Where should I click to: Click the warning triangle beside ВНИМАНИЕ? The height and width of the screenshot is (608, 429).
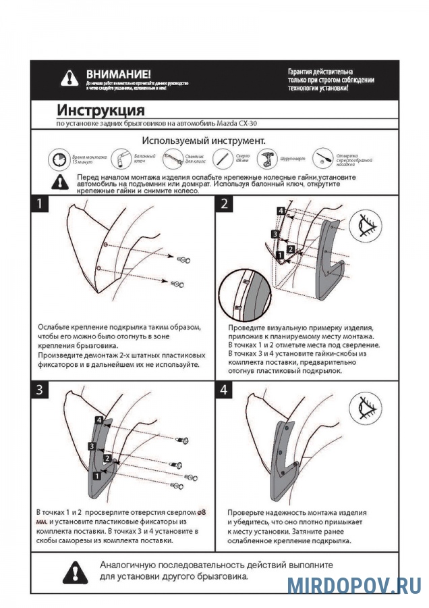(69, 78)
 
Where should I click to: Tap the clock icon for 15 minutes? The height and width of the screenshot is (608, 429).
(58, 159)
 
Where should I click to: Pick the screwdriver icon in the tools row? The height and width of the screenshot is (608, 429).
(324, 159)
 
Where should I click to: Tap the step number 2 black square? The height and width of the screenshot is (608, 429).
(224, 204)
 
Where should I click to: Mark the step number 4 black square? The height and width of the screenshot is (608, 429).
(224, 390)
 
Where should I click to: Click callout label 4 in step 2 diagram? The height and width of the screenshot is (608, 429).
(280, 211)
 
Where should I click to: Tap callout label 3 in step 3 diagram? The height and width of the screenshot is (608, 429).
(90, 446)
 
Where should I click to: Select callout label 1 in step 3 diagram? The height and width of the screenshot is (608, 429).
(97, 475)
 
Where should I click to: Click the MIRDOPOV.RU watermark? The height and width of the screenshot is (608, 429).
(354, 585)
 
